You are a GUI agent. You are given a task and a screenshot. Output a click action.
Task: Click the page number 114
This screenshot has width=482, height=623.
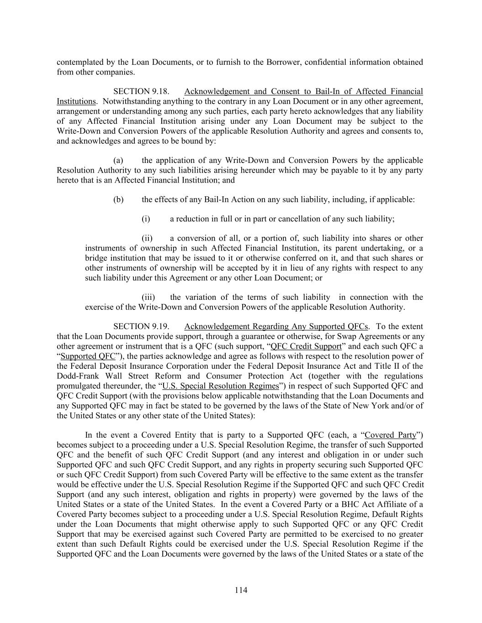pyautogui.click(x=241, y=590)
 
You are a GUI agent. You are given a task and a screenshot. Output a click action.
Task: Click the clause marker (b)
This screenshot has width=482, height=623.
pyautogui.click(x=118, y=199)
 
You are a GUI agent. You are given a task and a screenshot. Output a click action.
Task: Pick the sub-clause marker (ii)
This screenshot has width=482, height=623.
pyautogui.click(x=147, y=238)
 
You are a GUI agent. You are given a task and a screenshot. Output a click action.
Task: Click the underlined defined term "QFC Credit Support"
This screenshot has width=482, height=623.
pyautogui.click(x=306, y=346)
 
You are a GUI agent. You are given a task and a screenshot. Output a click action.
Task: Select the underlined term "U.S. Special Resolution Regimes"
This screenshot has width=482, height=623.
pyautogui.click(x=221, y=386)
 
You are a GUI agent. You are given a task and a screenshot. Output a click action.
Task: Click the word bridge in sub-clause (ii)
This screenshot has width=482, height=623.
pyautogui.click(x=95, y=258)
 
